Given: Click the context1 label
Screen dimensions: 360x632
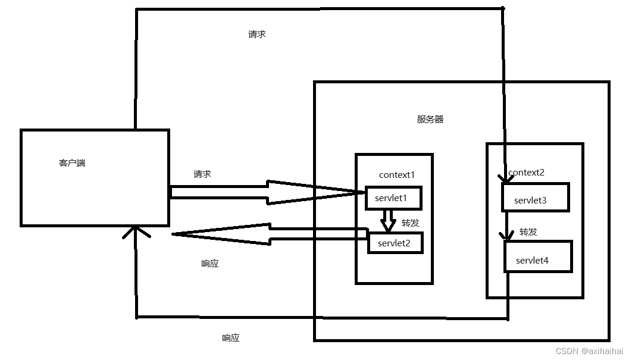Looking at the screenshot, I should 396,174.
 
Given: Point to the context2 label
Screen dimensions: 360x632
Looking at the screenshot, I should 527,173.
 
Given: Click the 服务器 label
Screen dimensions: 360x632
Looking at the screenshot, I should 430,119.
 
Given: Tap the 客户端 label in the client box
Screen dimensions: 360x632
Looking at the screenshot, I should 72,162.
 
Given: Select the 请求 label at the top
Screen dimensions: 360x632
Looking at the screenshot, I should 256,35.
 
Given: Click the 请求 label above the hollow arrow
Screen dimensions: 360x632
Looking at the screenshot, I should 202,174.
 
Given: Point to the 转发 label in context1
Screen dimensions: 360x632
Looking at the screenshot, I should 410,223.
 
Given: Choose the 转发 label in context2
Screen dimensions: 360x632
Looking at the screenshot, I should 528,231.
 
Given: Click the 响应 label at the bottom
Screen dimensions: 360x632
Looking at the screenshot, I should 230,338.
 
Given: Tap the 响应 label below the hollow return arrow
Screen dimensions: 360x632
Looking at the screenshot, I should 209,263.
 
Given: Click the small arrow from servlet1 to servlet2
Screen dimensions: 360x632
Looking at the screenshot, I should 389,221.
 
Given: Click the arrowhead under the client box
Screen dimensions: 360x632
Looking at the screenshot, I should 136,231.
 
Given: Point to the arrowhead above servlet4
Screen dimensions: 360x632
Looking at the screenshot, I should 507,236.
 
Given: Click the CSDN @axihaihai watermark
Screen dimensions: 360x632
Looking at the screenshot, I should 589,351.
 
